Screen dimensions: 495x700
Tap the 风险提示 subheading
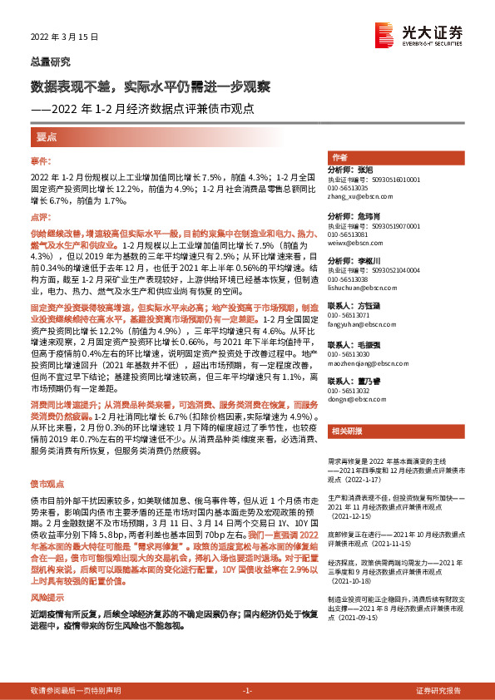click(48, 597)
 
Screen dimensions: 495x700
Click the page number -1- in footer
click(246, 692)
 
